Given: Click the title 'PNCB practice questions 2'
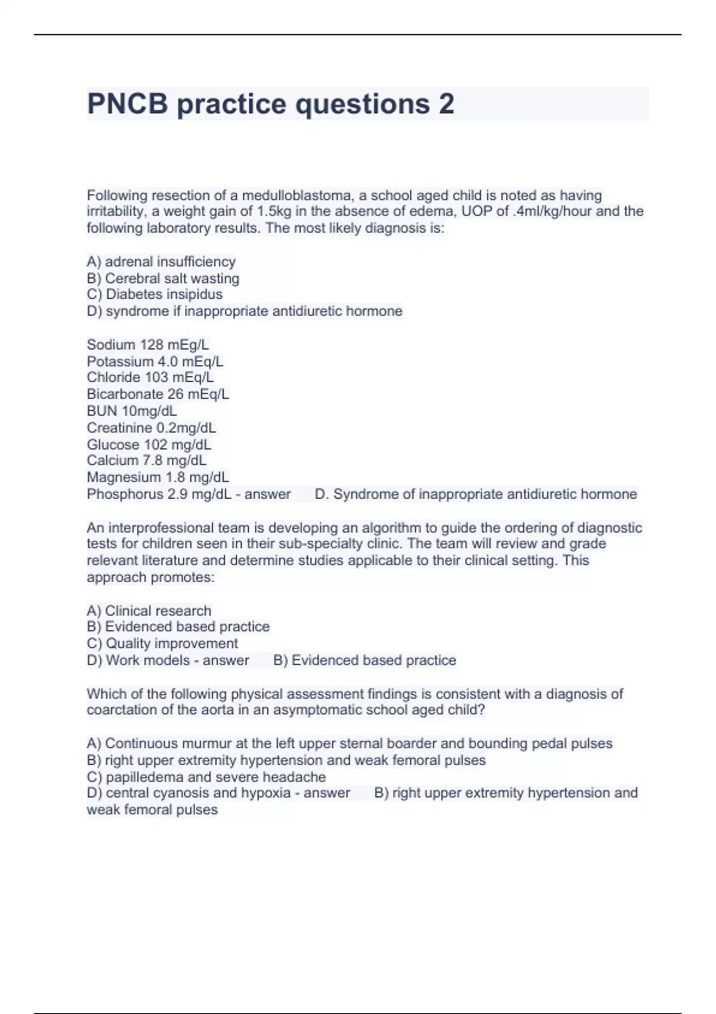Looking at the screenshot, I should point(270,104).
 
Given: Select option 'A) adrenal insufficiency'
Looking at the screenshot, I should point(161,261).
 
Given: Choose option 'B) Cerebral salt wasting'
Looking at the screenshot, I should point(163,278).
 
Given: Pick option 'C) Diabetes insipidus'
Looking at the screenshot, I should point(155,294).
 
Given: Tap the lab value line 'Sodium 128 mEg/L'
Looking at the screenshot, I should point(148,344).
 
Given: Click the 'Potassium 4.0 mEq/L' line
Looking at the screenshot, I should point(155,361).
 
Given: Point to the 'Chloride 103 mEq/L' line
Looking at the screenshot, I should point(150,377).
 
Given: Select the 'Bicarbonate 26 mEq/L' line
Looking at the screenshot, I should point(158,394).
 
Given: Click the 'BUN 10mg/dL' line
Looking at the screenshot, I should point(132,410).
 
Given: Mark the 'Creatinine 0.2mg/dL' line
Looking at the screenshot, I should point(152,428).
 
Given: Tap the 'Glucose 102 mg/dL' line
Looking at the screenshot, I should point(149,444).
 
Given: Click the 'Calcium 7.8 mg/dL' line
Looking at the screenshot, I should point(147,460).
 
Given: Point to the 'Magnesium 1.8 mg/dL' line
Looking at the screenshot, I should point(158,477).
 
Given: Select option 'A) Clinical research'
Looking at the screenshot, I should point(149,610).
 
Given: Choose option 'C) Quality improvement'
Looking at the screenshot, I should point(162,643).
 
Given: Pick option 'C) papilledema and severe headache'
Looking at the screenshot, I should point(206,777).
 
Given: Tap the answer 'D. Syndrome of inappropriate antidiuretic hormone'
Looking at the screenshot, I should point(476,494).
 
